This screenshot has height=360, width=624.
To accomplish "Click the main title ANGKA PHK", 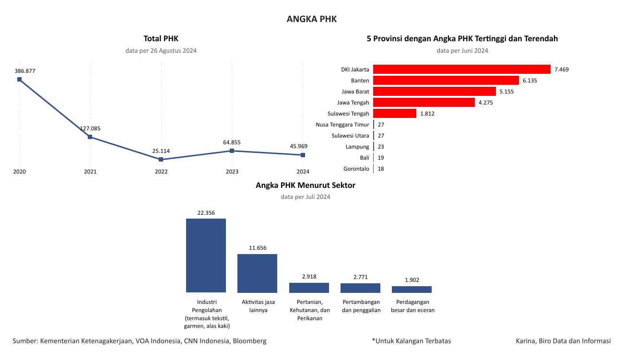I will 312,19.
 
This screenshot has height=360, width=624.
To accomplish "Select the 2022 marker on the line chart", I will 161,159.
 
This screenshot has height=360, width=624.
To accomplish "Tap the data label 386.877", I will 25,71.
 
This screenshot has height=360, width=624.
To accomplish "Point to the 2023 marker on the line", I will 232,151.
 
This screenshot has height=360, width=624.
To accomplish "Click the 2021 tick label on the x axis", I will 90,172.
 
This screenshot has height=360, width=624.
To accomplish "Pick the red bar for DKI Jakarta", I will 461,70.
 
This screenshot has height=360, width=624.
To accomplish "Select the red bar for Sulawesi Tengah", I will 394,114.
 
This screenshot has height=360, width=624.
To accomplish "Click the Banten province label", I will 360,81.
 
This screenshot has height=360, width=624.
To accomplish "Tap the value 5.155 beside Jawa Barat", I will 506,92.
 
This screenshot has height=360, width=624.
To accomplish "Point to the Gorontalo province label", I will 356,169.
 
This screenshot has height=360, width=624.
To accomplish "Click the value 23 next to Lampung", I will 381,147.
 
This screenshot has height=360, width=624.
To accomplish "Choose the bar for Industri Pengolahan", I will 206,255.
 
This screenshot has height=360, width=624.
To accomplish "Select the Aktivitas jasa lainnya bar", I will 257,273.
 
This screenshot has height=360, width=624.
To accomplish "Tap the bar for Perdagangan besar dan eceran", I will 412,289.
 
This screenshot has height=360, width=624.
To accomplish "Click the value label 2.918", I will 309,277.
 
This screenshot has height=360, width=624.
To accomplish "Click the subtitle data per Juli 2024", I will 306,197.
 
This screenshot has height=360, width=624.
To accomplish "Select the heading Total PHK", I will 161,39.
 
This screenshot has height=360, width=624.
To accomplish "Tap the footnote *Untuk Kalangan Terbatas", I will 411,341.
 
